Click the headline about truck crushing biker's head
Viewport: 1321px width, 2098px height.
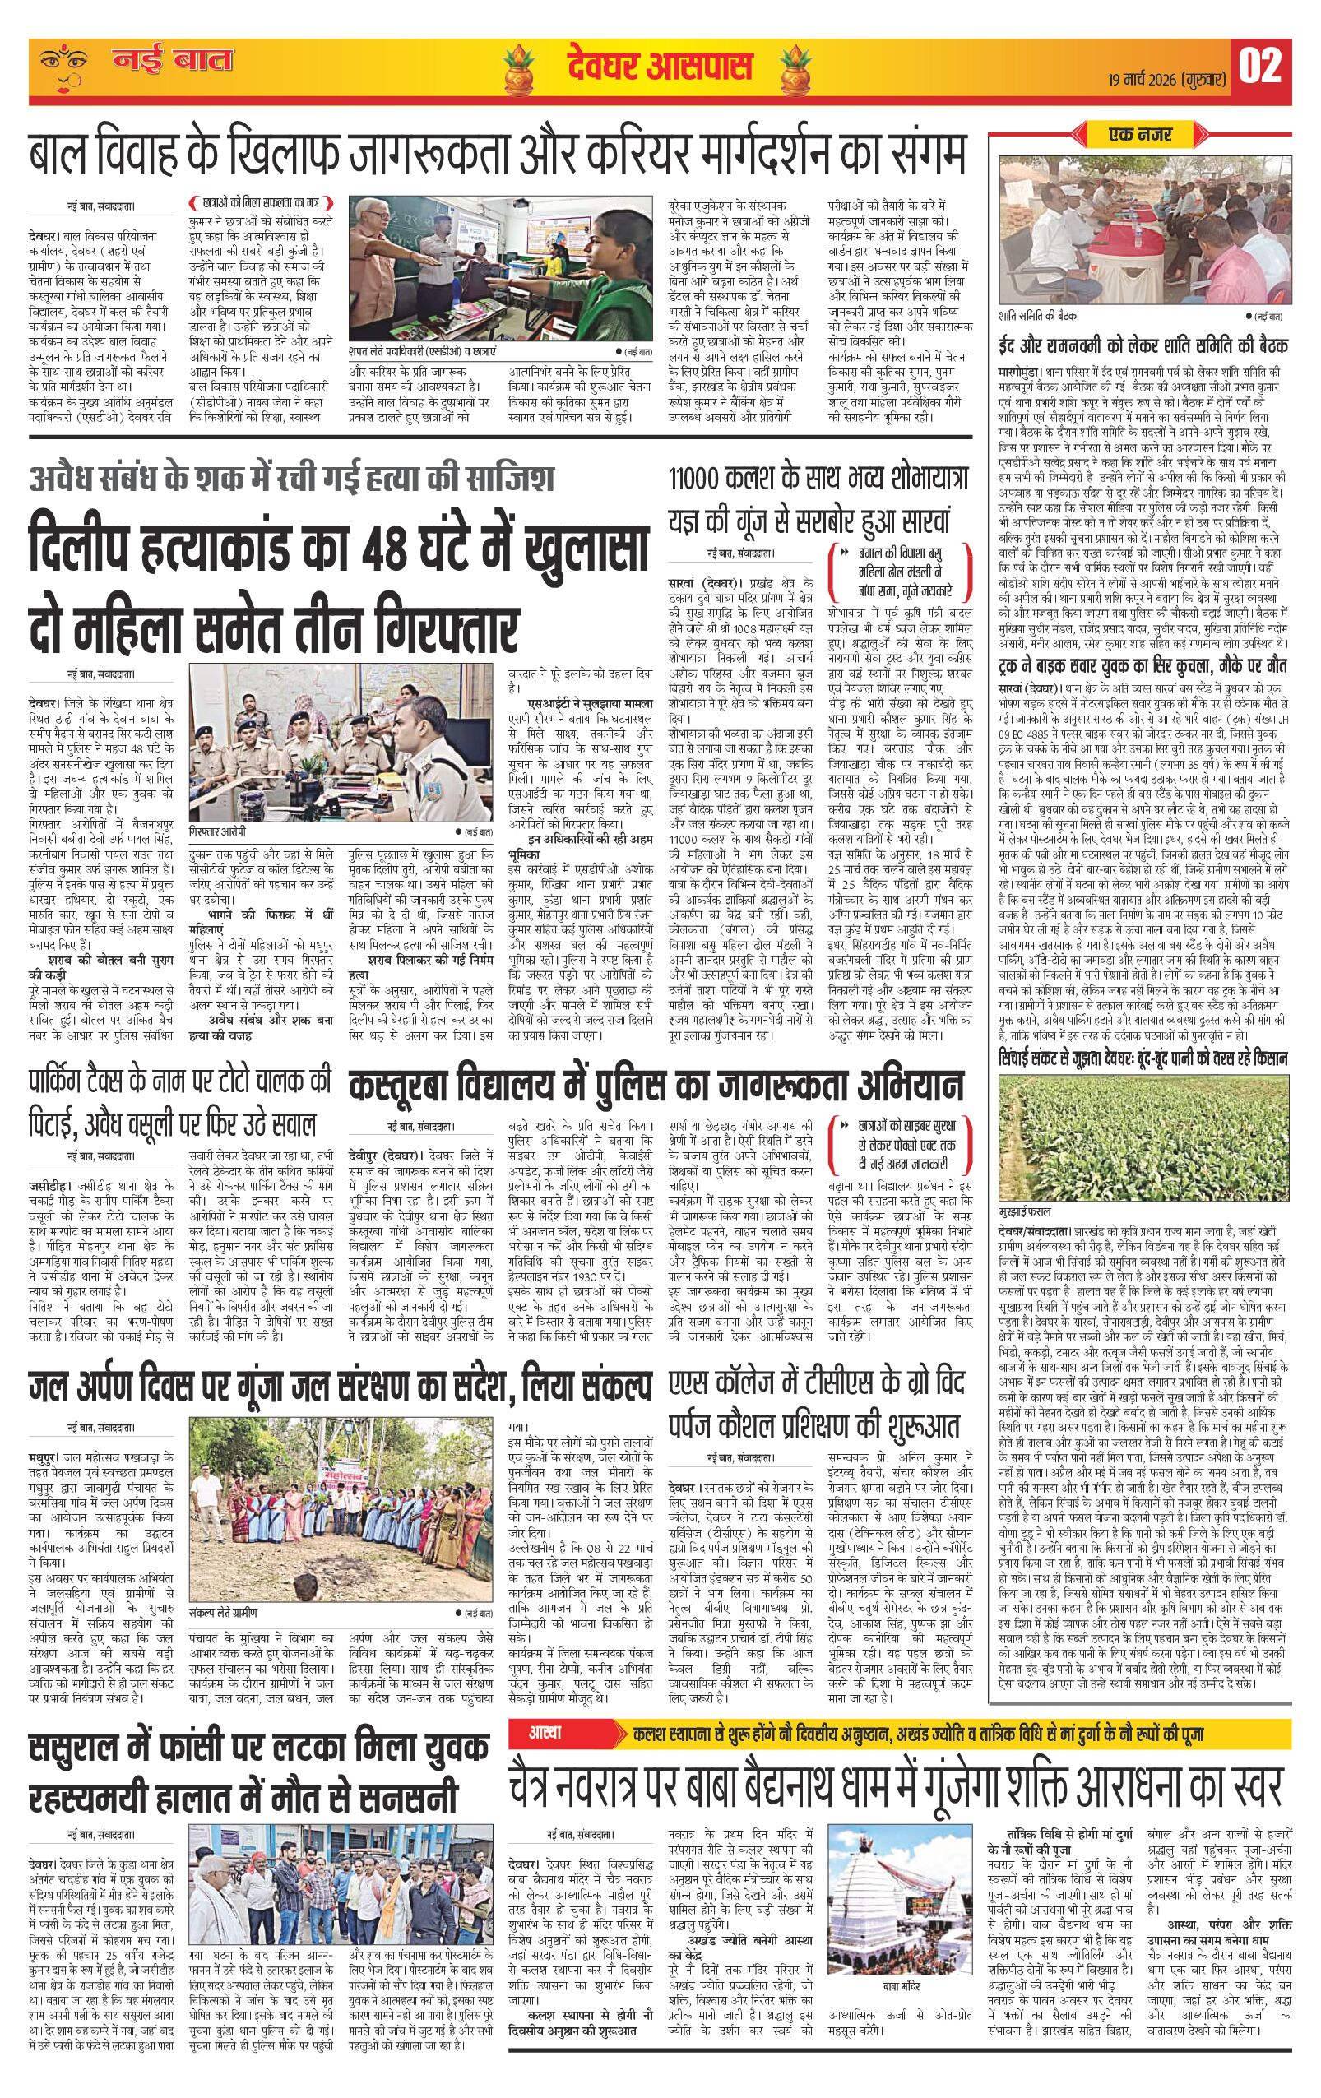[1143, 666]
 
